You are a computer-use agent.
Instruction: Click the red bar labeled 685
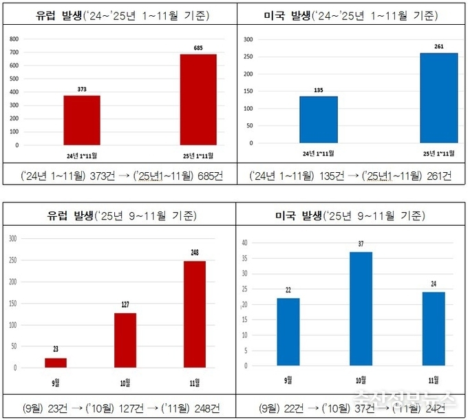pyautogui.click(x=198, y=99)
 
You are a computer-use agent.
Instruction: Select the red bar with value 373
pyautogui.click(x=82, y=120)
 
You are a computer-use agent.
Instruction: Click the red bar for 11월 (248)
pyautogui.click(x=194, y=314)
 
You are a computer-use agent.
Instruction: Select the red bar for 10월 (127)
pyautogui.click(x=125, y=340)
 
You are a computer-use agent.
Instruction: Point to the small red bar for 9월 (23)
pyautogui.click(x=56, y=362)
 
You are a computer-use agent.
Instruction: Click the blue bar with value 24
pyautogui.click(x=434, y=329)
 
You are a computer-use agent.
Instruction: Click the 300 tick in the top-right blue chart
pyautogui.click(x=248, y=39)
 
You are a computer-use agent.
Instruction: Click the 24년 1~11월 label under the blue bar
pyautogui.click(x=318, y=153)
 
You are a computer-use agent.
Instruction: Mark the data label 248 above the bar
pyautogui.click(x=194, y=253)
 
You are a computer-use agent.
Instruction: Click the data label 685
pyautogui.click(x=198, y=48)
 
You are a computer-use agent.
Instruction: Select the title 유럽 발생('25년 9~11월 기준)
pyautogui.click(x=119, y=216)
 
